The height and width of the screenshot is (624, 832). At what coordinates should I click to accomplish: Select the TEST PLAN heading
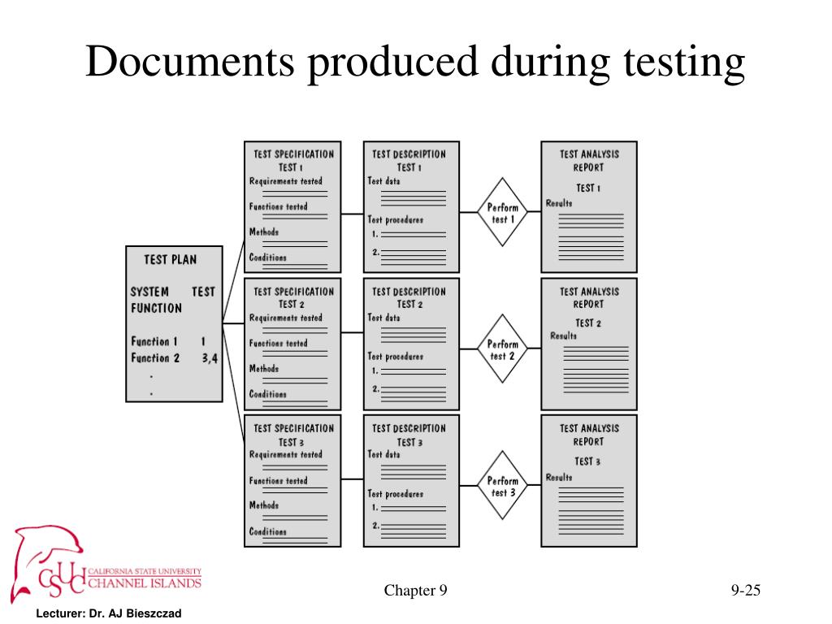click(x=170, y=260)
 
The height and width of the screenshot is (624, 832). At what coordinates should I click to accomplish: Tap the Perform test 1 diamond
click(x=502, y=213)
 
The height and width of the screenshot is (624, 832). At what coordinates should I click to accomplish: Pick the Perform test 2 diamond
click(x=502, y=350)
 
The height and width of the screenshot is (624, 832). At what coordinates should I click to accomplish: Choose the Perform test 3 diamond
click(x=502, y=487)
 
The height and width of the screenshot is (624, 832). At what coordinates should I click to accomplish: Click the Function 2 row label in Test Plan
click(x=155, y=357)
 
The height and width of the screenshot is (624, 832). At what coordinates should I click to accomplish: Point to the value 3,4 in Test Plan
click(x=210, y=357)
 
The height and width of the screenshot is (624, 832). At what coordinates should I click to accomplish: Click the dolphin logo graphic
click(x=45, y=552)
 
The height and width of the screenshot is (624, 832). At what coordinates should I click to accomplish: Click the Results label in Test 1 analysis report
click(x=559, y=203)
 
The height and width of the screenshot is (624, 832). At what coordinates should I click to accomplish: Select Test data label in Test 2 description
click(x=383, y=318)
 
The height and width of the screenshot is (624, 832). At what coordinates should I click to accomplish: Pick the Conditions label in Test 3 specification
click(x=268, y=532)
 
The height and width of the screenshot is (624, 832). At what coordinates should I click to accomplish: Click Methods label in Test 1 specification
click(x=264, y=232)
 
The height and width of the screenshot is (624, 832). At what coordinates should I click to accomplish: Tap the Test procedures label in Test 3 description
click(x=396, y=493)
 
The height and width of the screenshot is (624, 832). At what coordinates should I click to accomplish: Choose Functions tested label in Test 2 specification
click(x=279, y=344)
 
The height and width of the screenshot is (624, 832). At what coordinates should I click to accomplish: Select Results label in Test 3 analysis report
click(x=559, y=477)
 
